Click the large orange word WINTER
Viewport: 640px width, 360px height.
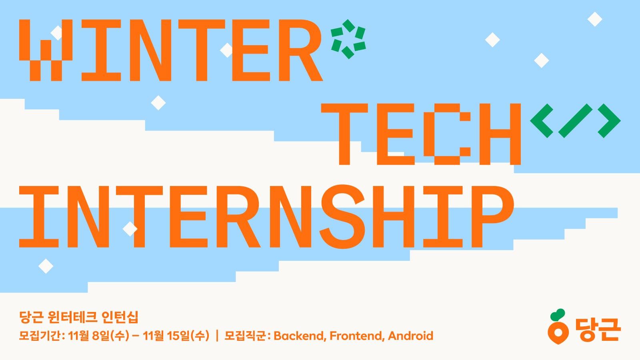171,50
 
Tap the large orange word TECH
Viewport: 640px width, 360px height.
421,134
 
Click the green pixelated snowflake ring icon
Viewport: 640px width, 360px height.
348,39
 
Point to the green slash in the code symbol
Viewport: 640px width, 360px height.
575,120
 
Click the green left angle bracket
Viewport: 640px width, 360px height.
542,120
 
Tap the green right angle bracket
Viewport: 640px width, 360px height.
609,120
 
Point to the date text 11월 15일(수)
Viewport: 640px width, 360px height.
176,336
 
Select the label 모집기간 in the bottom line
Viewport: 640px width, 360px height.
40,336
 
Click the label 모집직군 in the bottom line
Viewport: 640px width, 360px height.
245,336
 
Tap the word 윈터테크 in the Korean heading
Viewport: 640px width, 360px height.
73,317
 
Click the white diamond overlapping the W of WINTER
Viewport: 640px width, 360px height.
56,33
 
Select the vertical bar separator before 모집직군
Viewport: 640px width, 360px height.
217,336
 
